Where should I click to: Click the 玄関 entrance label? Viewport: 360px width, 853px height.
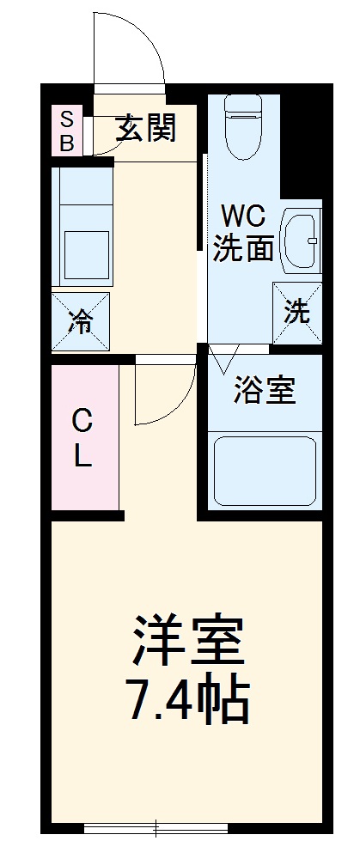click(x=147, y=128)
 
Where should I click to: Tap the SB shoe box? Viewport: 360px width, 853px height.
click(x=66, y=129)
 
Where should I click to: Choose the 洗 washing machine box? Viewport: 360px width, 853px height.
click(x=297, y=312)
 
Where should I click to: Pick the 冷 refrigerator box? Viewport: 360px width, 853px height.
click(x=81, y=322)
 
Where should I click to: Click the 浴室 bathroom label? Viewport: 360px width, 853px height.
click(x=265, y=391)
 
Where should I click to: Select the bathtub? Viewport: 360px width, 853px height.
click(x=265, y=470)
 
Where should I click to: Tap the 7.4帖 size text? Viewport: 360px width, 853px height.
click(x=189, y=702)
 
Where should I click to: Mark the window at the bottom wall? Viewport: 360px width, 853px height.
click(x=156, y=828)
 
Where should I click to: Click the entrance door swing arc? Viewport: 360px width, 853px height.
click(x=133, y=47)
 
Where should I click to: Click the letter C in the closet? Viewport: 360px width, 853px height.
click(x=82, y=421)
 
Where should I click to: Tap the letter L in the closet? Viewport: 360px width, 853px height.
click(x=82, y=457)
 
